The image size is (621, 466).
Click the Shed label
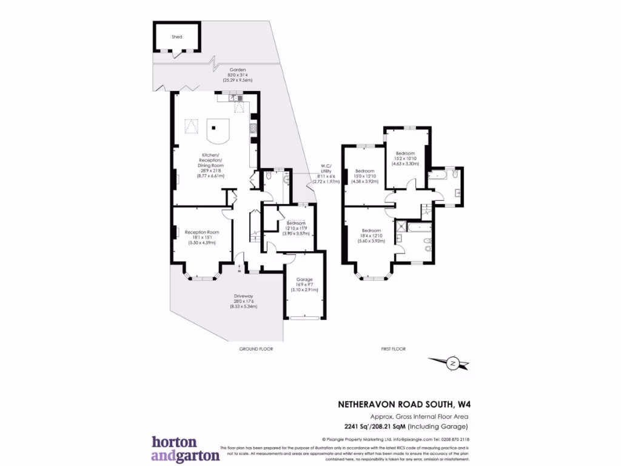click(176, 37)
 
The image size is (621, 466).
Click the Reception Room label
click(201, 237)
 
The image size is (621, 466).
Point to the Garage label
click(304, 284)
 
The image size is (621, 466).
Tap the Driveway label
click(243, 302)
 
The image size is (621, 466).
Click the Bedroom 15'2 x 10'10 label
click(405, 158)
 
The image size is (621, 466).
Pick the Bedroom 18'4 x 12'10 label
click(371, 235)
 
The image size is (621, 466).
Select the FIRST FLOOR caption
click(392, 349)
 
